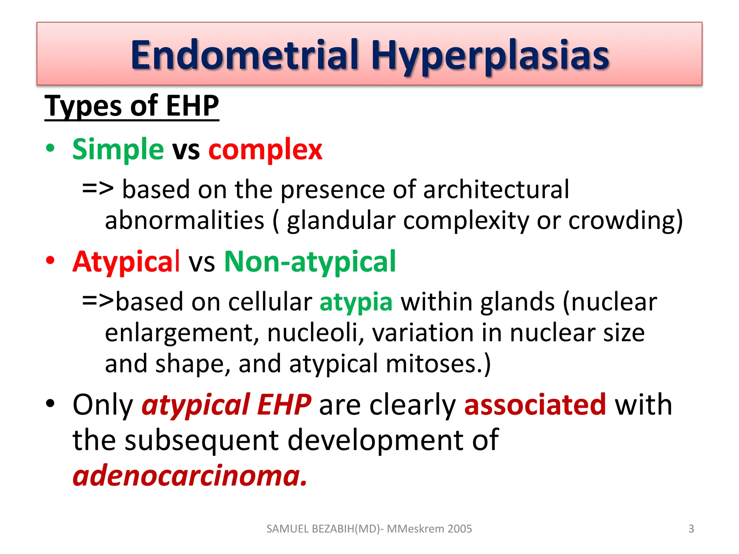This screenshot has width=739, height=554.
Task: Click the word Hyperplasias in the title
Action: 490,56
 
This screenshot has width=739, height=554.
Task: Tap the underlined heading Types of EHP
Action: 132,106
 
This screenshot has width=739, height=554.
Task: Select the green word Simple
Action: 118,149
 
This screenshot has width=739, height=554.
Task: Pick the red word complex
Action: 265,149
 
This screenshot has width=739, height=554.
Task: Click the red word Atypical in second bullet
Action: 126,261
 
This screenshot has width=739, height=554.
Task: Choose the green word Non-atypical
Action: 310,261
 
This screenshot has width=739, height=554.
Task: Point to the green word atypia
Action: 356,302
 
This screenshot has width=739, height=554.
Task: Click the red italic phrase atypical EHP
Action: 226,405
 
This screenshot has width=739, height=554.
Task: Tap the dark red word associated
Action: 535,405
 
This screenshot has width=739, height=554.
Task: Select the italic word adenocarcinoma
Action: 189,475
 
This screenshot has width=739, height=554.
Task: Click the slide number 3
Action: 691,529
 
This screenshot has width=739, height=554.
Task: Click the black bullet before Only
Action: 50,404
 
